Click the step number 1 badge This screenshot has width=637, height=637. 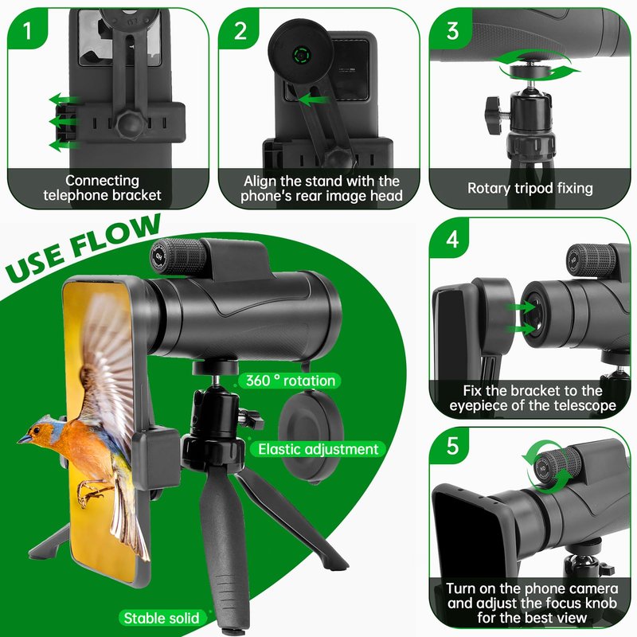tap(27, 29)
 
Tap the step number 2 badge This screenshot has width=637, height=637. tap(240, 29)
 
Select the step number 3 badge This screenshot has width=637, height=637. tap(451, 29)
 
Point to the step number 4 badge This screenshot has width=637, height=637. tap(451, 239)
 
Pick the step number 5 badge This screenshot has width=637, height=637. tap(451, 446)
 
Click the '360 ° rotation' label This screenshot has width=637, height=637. tap(290, 381)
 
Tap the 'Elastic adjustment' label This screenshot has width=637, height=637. tap(318, 449)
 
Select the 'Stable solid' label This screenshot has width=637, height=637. tap(162, 618)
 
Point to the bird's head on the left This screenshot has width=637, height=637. tap(37, 432)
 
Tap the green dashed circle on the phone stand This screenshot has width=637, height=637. tap(302, 54)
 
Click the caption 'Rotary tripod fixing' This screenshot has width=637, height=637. tap(530, 189)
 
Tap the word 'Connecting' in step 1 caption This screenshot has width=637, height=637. tap(103, 180)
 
